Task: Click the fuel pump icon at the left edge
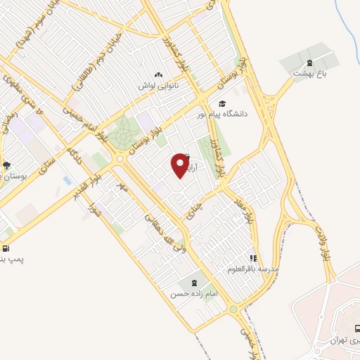(6, 248)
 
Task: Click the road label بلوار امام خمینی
(84, 122)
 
